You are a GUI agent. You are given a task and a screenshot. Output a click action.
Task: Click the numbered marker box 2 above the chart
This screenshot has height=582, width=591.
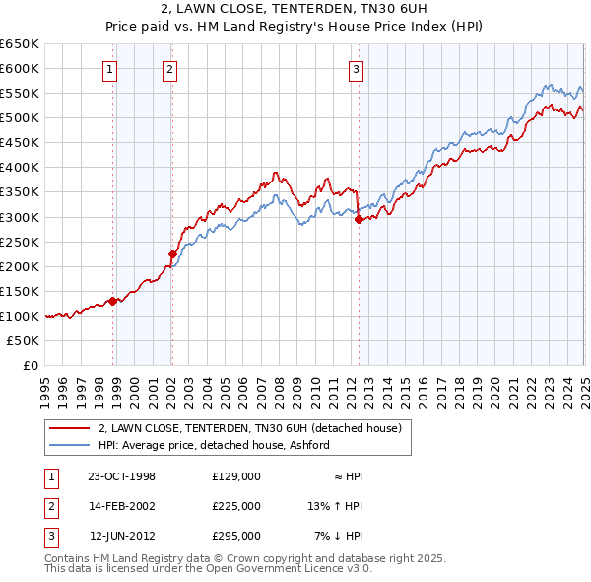click(x=170, y=69)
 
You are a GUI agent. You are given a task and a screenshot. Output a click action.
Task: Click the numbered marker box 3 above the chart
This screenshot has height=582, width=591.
click(x=356, y=69)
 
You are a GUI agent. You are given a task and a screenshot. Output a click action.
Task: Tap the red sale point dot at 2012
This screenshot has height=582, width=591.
click(x=359, y=220)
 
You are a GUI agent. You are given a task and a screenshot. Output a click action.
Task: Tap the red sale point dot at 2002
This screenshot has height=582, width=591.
click(x=172, y=254)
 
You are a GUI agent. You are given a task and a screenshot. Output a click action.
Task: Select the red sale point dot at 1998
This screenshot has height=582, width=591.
click(x=112, y=301)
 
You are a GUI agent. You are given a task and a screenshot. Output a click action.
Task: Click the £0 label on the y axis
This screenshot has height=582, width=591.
click(x=30, y=365)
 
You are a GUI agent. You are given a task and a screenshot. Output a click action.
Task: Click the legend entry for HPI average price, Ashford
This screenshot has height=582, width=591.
click(x=215, y=445)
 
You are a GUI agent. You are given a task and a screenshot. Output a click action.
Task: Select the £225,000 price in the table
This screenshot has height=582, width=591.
click(x=236, y=506)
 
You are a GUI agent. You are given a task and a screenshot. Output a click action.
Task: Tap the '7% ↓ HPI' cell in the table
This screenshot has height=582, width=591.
click(x=339, y=536)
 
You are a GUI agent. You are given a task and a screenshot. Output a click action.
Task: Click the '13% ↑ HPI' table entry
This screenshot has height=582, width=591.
click(x=336, y=506)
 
